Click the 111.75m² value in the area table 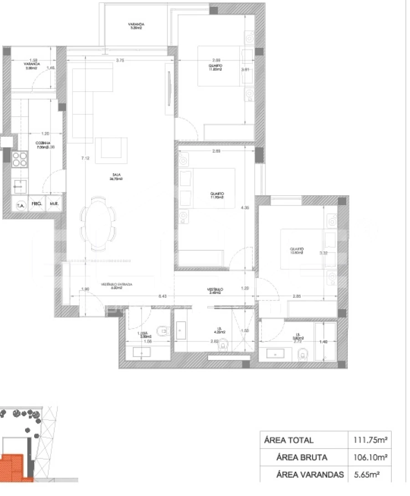[370, 440]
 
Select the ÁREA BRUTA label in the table [302, 457]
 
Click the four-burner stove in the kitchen [20, 160]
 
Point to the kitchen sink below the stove [19, 186]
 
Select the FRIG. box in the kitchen [36, 204]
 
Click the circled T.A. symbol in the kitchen [20, 205]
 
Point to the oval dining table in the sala [98, 223]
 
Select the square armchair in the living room [111, 149]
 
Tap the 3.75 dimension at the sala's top [120, 60]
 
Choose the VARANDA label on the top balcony [136, 25]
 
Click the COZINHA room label [43, 143]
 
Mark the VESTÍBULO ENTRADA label [117, 284]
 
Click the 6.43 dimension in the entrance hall [162, 296]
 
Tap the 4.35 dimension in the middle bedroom [246, 208]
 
